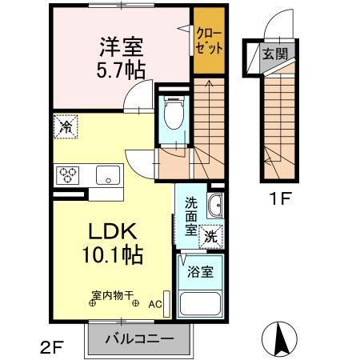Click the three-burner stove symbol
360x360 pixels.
click(x=67, y=174)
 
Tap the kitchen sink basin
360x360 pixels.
click(x=105, y=174)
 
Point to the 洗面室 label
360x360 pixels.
click(x=192, y=215)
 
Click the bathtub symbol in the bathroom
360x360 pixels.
click(x=201, y=304)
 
